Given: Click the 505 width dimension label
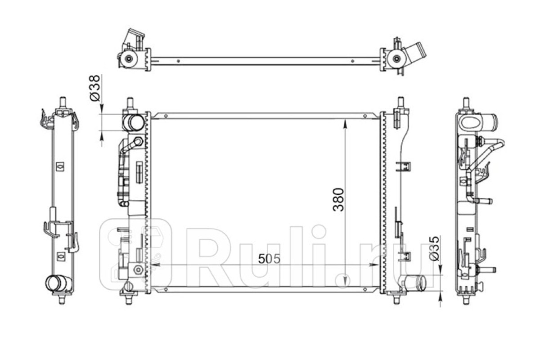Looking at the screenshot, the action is [x=269, y=259].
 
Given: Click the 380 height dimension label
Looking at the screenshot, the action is [x=338, y=200].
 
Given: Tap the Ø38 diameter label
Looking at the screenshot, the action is [x=95, y=88].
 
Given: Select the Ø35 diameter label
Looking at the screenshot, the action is [x=435, y=248].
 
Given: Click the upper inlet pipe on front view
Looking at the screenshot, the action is [x=133, y=122].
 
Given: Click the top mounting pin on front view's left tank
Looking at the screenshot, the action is [x=130, y=103].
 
